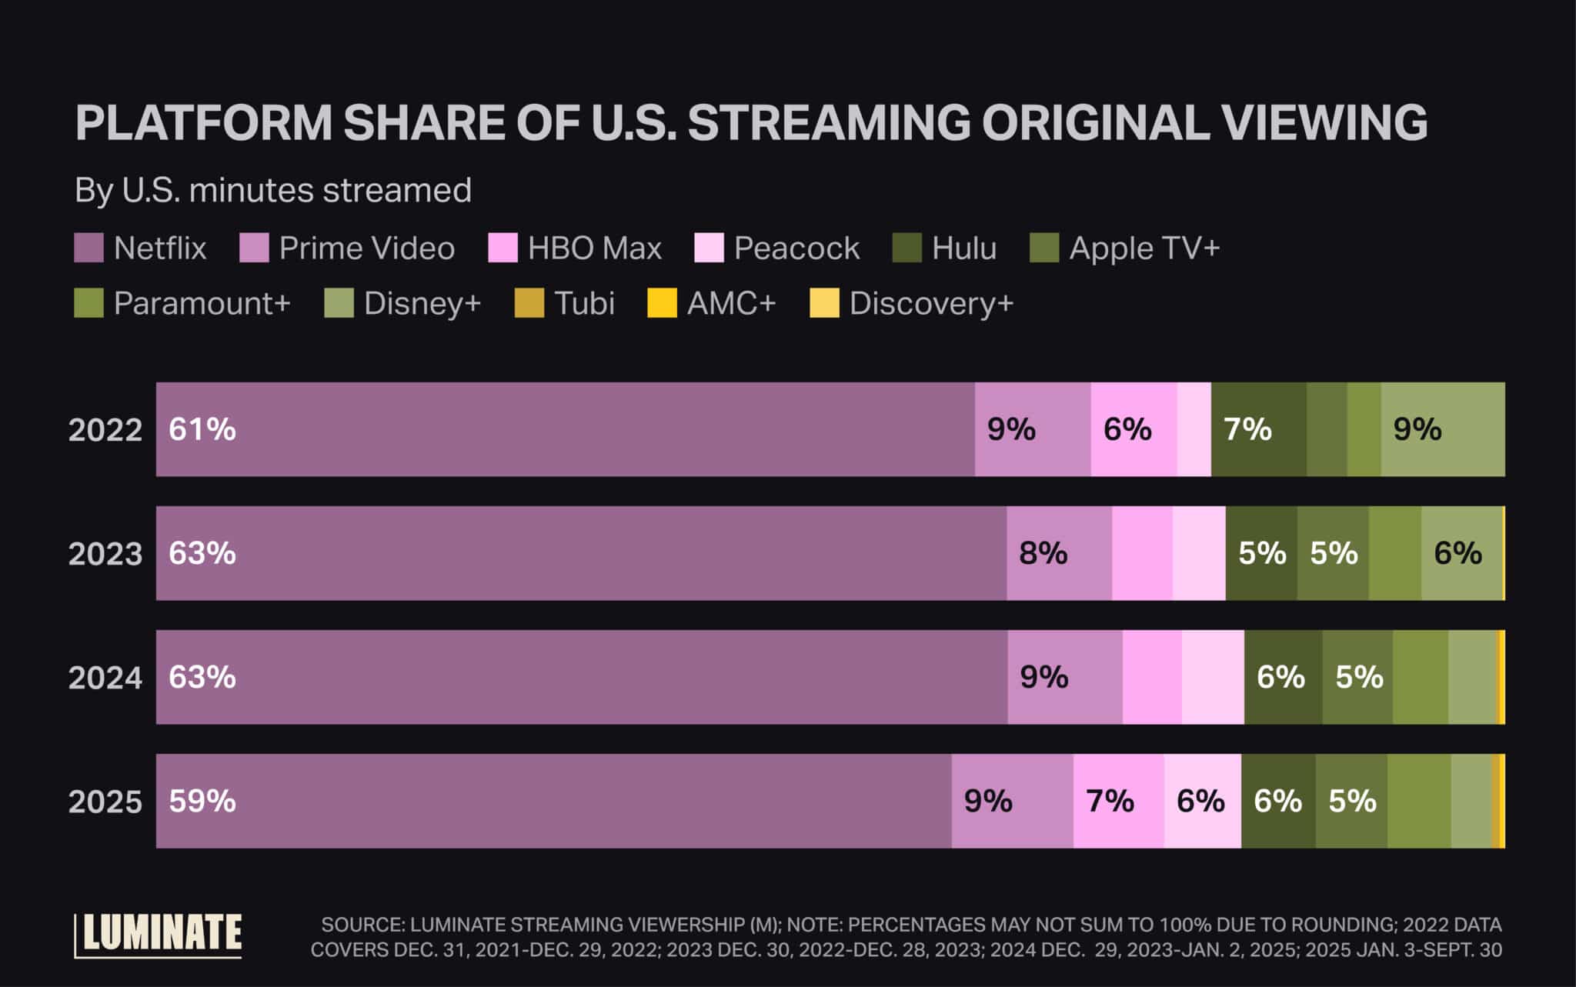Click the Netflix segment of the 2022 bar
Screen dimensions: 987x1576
pyautogui.click(x=566, y=429)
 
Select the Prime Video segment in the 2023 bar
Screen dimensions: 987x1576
pyautogui.click(x=1059, y=553)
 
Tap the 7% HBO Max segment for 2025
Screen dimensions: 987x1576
pyautogui.click(x=1118, y=801)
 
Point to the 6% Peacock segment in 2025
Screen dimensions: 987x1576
pyautogui.click(x=1202, y=801)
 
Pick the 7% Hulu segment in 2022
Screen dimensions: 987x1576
pyautogui.click(x=1258, y=429)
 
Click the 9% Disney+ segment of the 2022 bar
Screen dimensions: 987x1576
pyautogui.click(x=1442, y=429)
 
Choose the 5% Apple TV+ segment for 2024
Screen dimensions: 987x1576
pyautogui.click(x=1357, y=677)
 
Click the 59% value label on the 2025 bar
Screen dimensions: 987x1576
pyautogui.click(x=202, y=801)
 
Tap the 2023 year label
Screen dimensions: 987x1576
pyautogui.click(x=105, y=554)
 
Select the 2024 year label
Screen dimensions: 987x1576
pyautogui.click(x=105, y=678)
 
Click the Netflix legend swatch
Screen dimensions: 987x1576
pyautogui.click(x=88, y=248)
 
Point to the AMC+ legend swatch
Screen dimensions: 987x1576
pyautogui.click(x=662, y=303)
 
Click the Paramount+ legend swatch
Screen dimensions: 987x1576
pyautogui.click(x=88, y=303)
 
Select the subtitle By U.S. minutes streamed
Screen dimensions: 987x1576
pyautogui.click(x=273, y=190)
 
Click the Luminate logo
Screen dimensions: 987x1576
pyautogui.click(x=159, y=935)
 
